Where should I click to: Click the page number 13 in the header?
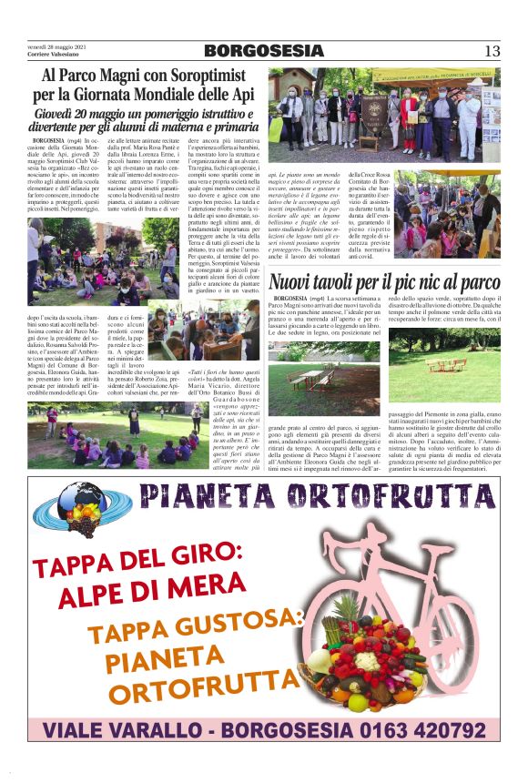tap(492, 50)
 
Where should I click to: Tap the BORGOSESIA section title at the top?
tap(263, 50)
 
